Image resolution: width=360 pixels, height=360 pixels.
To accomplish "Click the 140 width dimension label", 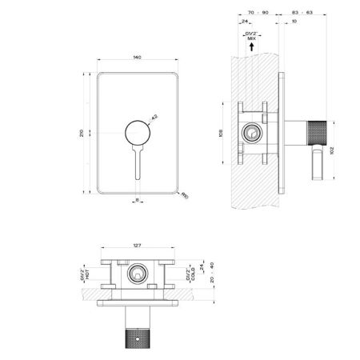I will (x=137, y=58).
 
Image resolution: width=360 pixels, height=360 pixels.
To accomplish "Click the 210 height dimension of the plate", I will (x=82, y=132).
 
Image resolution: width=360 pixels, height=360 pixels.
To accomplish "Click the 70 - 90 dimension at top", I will (x=258, y=14).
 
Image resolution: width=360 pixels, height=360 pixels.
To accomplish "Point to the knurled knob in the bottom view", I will (x=138, y=340).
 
